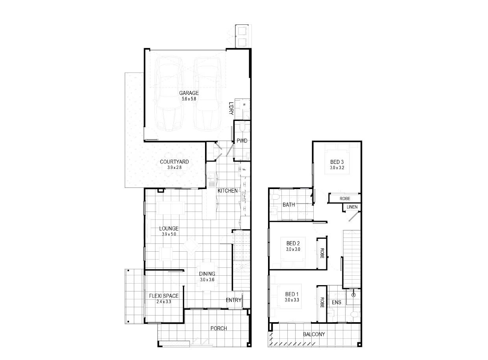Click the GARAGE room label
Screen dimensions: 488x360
point(189,93)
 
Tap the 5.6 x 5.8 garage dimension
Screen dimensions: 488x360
point(189,99)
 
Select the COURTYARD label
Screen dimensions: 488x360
point(174,162)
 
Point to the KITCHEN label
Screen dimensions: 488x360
point(227,191)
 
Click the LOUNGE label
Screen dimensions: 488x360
point(169,228)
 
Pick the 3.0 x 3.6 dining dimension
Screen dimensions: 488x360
point(207,280)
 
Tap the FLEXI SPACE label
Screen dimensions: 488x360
point(164,296)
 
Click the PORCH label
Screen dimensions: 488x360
point(219,328)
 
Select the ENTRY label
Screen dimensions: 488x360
point(233,300)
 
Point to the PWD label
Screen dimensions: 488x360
point(242,141)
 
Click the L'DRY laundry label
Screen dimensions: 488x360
point(231,109)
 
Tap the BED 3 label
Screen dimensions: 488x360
point(337,162)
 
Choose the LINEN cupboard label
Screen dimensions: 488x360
point(352,207)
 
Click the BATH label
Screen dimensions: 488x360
point(288,205)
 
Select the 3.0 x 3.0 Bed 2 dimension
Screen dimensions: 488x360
point(293,249)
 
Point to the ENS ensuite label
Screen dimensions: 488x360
point(336,302)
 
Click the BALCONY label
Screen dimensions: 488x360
point(314,334)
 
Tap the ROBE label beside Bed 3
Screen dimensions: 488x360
point(345,199)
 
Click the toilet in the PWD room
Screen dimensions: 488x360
point(242,127)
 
